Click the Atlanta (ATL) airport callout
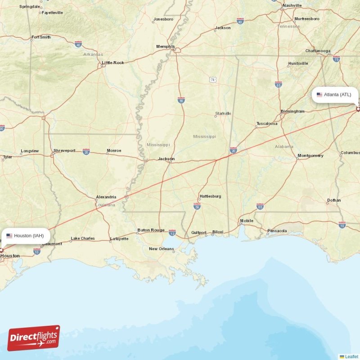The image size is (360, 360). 335,94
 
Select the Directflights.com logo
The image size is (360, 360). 34,338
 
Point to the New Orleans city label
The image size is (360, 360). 162,249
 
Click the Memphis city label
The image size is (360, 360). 165,46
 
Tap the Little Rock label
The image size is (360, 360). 113,63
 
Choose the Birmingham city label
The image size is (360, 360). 292,111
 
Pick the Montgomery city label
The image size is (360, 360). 310,156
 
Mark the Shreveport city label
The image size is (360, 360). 64,151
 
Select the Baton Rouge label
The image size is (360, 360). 151,230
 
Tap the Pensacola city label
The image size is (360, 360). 277,231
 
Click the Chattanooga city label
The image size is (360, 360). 318,51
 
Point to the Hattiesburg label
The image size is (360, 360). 210,196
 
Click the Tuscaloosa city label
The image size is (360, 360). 267,123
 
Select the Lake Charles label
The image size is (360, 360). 83,238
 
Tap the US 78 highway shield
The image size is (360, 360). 212,80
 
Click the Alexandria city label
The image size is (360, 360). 106,197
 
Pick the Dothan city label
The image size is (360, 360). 334,200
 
